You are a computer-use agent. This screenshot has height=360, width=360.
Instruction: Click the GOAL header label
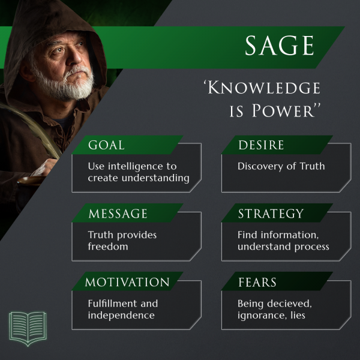[x=106, y=145]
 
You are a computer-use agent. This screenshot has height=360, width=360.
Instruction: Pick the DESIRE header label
[x=261, y=145]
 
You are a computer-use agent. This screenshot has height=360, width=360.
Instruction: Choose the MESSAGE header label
[x=118, y=214]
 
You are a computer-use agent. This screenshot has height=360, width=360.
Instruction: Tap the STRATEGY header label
[x=271, y=214]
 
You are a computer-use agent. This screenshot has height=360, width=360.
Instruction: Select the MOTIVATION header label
[x=127, y=282]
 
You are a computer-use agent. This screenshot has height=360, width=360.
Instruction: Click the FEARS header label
[x=258, y=282]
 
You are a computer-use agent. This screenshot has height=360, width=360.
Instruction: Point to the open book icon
[x=28, y=328]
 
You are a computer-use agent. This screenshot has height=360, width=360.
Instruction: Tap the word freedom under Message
[x=108, y=247]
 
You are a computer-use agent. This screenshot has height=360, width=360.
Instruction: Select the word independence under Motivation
[x=121, y=315]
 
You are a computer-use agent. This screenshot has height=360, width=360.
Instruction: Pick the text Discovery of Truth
[x=281, y=166]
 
